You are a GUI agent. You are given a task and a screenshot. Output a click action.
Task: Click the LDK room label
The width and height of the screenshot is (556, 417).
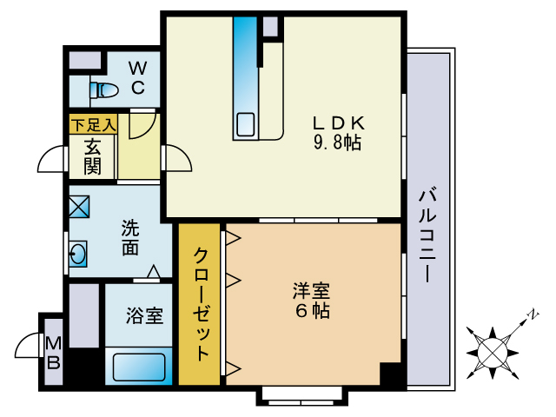pyautogui.click(x=340, y=122)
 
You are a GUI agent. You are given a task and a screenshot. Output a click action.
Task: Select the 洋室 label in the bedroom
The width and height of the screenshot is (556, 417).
pyautogui.click(x=310, y=290)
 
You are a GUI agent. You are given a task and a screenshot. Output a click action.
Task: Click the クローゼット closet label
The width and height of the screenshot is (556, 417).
pyautogui.click(x=200, y=304)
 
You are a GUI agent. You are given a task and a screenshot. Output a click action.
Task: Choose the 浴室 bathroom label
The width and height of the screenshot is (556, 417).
pyautogui.click(x=144, y=314)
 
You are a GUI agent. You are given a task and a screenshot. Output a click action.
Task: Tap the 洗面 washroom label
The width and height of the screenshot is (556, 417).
pyautogui.click(x=130, y=239)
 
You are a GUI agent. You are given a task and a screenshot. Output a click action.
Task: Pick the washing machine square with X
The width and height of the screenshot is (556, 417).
pyautogui.click(x=79, y=208)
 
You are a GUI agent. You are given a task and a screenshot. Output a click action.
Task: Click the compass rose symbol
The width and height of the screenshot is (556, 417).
pyautogui.click(x=493, y=350)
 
